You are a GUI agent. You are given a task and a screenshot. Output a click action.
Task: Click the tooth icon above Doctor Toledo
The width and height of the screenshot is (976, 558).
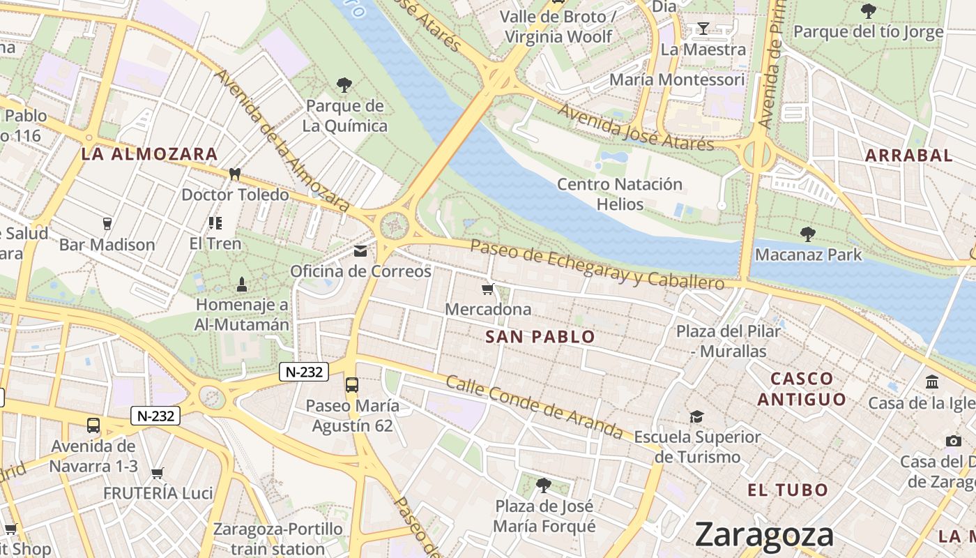(235, 174)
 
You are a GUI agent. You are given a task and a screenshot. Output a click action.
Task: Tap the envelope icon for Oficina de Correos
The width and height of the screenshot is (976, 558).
(360, 251)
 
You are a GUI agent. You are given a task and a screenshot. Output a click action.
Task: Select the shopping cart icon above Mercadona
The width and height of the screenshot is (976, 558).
(488, 289)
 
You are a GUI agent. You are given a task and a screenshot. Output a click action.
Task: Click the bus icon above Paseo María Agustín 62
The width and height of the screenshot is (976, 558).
(352, 384)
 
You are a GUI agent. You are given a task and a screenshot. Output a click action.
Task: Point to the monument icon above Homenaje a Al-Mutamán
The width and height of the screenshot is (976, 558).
(242, 284)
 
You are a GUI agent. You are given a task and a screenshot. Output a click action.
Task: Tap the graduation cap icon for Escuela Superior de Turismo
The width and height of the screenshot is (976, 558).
(696, 416)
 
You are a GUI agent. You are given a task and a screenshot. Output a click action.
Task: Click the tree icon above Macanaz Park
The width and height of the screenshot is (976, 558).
(808, 234)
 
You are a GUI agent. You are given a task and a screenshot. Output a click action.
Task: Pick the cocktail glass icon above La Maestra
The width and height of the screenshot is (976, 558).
(703, 29)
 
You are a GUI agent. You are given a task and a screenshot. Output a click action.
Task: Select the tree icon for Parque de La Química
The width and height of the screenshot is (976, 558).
(344, 85)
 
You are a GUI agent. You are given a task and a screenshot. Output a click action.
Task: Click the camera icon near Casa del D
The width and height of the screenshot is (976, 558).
(954, 441)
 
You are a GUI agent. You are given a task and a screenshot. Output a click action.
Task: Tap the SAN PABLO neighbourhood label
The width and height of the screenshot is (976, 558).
(540, 337)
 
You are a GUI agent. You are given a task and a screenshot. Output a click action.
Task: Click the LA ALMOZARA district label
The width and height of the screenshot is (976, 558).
(149, 154)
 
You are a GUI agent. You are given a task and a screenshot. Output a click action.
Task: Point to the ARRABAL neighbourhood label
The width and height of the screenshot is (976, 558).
(909, 156)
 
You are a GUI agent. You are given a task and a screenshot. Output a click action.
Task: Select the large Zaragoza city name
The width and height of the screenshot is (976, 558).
(764, 535)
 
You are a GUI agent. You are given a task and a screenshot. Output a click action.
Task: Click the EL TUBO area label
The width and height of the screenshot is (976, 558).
(788, 490)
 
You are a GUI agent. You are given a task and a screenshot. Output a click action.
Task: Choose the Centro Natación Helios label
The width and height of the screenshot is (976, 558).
(620, 194)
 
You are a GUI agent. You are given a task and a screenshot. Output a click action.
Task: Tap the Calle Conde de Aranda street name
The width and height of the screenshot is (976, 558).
(534, 407)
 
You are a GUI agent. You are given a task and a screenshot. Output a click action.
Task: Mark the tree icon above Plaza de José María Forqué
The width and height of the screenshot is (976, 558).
(544, 485)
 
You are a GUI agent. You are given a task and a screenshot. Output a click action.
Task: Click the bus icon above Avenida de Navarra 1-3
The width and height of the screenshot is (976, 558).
(93, 425)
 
